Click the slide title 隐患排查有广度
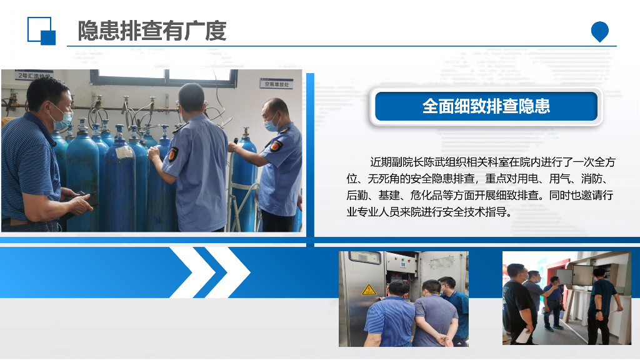pyautogui.click(x=152, y=31)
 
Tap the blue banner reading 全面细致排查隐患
pyautogui.click(x=486, y=106)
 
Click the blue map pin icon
pyautogui.click(x=599, y=31)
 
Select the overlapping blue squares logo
pyautogui.click(x=41, y=31)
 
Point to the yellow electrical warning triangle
pyautogui.click(x=369, y=289)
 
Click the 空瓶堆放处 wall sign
pyautogui.click(x=276, y=84)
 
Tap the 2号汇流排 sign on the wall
pyautogui.click(x=34, y=75)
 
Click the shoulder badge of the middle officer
pyautogui.click(x=173, y=154)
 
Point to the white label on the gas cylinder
pyautogui.click(x=124, y=152)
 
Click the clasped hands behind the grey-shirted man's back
pyautogui.click(x=443, y=338)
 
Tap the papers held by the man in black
pyautogui.click(x=523, y=335)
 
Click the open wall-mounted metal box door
pyautogui.click(x=583, y=275)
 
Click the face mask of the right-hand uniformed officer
pyautogui.click(x=271, y=124)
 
